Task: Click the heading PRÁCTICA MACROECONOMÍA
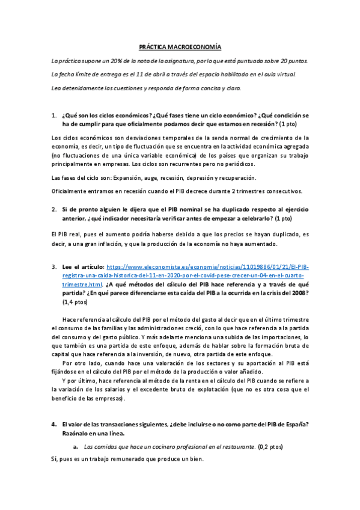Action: click(x=180, y=46)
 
